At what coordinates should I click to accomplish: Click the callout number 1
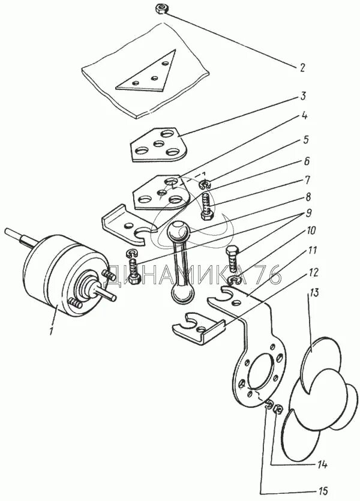pyautogui.click(x=53, y=330)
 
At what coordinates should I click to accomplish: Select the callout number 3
pyautogui.click(x=304, y=96)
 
